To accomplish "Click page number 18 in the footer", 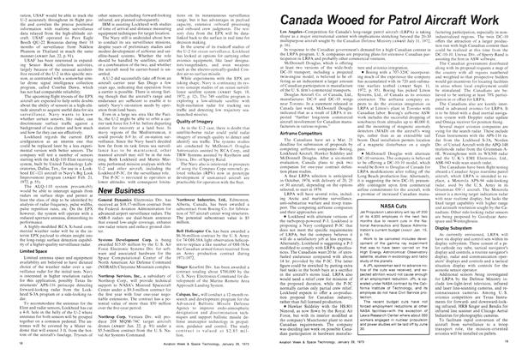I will pos(8,354).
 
